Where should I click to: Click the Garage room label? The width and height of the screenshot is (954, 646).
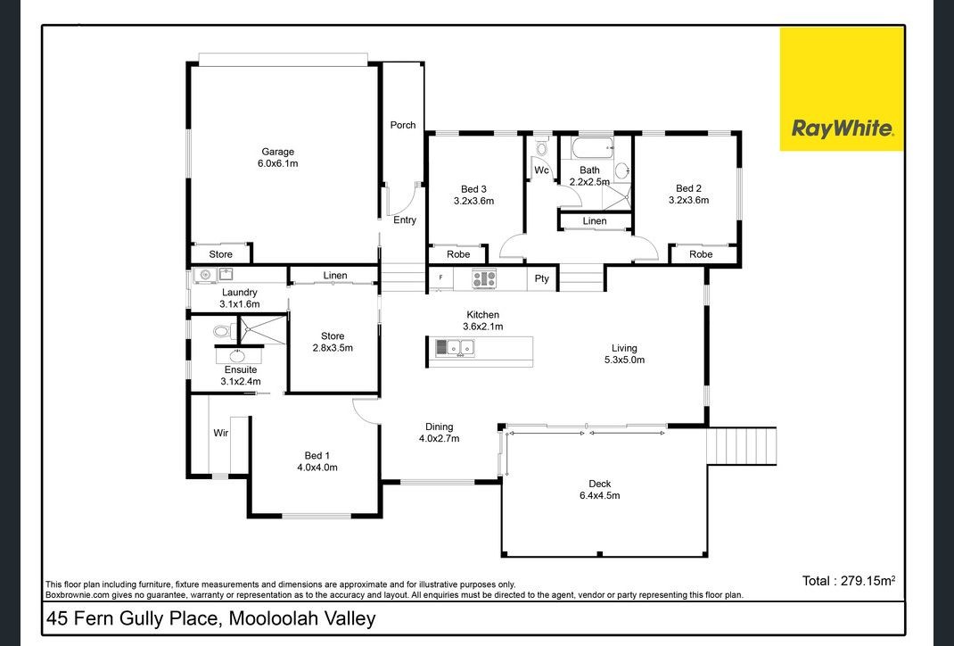pyautogui.click(x=277, y=152)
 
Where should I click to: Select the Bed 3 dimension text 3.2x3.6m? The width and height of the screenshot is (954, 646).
pyautogui.click(x=473, y=201)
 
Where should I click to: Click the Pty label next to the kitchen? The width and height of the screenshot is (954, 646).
pyautogui.click(x=541, y=279)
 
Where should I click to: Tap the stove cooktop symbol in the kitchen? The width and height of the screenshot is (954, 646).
pyautogui.click(x=483, y=279)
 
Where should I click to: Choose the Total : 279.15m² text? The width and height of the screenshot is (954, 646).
pyautogui.click(x=848, y=581)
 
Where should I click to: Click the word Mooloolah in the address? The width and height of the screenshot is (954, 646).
pyautogui.click(x=278, y=618)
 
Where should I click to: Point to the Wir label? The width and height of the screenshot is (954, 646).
pyautogui.click(x=220, y=433)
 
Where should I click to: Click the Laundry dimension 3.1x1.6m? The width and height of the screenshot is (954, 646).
pyautogui.click(x=239, y=304)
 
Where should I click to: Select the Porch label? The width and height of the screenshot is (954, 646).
pyautogui.click(x=403, y=125)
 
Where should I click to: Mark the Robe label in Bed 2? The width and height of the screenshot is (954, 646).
pyautogui.click(x=701, y=254)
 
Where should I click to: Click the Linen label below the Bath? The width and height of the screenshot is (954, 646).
pyautogui.click(x=595, y=221)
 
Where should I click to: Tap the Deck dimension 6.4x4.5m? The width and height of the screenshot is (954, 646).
pyautogui.click(x=599, y=495)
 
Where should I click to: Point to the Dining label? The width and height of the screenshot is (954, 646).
pyautogui.click(x=439, y=427)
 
